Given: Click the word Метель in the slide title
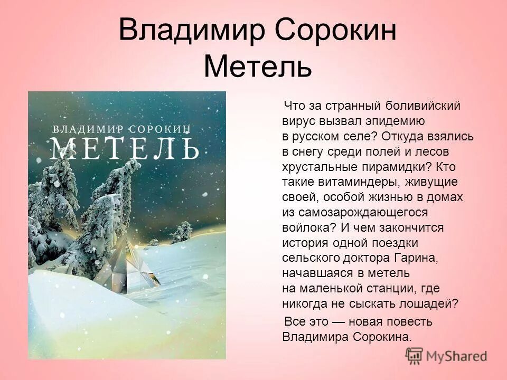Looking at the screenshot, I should pos(257,68).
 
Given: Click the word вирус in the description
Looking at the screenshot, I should pos(298,120).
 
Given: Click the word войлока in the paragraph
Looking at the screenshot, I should pos(305,227).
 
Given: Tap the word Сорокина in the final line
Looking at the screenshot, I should pos(377,337).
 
